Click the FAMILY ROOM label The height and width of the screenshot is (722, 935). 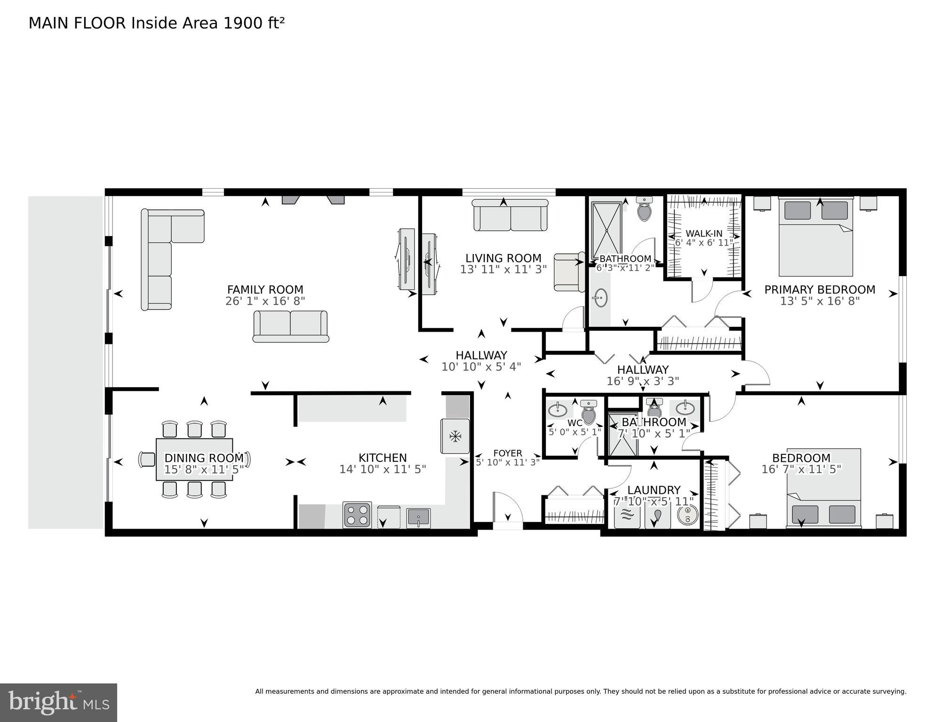[x=265, y=290]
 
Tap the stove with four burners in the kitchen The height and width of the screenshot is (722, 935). [x=357, y=515]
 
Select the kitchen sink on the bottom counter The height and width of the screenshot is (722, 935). [x=418, y=518]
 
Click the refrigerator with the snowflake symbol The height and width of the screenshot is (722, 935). [x=455, y=436]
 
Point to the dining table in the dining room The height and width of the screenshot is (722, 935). [x=194, y=459]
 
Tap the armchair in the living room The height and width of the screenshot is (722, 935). [x=568, y=272]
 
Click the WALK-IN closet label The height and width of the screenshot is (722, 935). [x=703, y=234]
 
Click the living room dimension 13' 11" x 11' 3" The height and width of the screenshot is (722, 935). [x=503, y=270]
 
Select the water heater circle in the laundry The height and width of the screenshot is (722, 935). [x=687, y=515]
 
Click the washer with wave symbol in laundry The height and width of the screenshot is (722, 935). [x=627, y=516]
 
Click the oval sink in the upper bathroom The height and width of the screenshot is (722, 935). [x=600, y=297]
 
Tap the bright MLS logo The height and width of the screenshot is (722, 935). [x=58, y=703]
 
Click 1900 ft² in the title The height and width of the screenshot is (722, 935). [x=254, y=23]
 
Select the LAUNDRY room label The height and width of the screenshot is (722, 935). [x=654, y=490]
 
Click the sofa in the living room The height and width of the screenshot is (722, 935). [x=510, y=215]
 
